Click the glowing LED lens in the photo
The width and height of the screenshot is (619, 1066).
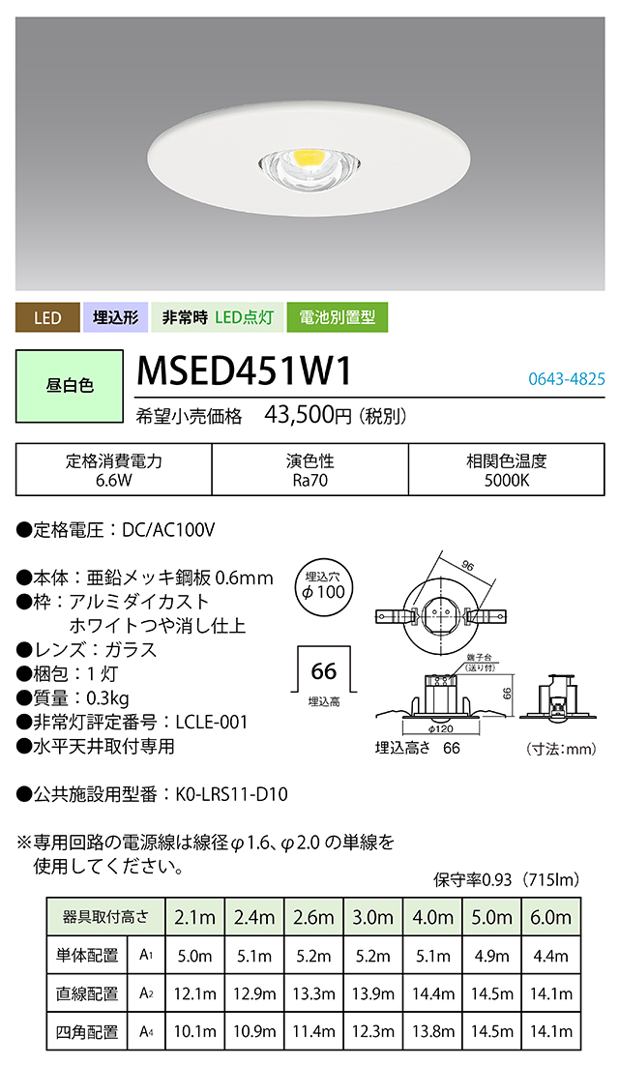[x=308, y=160]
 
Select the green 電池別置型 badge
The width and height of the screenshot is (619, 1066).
[x=338, y=316]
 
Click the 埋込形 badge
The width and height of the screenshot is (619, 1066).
[x=115, y=316]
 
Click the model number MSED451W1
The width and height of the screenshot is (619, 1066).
[x=243, y=370]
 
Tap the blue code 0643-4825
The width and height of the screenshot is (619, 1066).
[x=566, y=378]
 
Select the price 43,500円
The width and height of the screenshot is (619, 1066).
[x=309, y=417]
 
